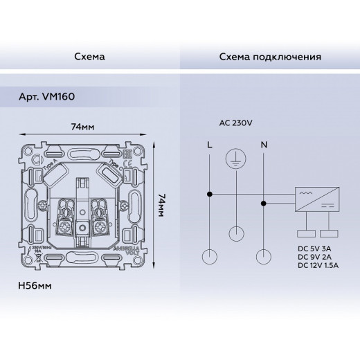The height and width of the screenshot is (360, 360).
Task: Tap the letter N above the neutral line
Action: [263, 145]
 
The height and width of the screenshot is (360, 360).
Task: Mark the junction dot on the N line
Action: [263, 204]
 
